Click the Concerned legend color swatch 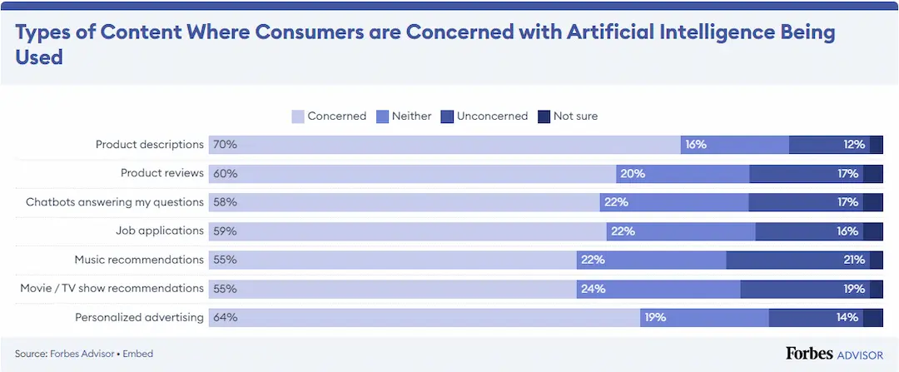(297, 117)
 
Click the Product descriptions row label (149, 145)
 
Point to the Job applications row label (159, 231)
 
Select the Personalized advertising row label (139, 317)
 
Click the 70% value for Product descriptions (225, 145)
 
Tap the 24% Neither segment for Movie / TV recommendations (658, 289)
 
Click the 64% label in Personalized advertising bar (225, 317)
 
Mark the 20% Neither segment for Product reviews (683, 174)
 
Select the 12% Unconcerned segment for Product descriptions (829, 145)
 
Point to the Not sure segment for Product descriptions (877, 145)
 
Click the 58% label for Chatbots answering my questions (225, 202)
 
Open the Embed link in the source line (138, 354)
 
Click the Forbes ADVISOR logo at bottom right (834, 354)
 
